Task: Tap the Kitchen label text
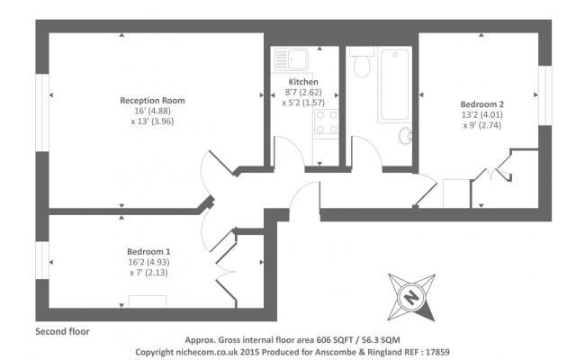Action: tap(303, 82)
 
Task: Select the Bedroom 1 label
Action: tap(148, 250)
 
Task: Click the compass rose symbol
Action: tap(410, 296)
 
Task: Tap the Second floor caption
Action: tap(62, 330)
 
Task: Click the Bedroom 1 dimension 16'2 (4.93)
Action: tap(148, 261)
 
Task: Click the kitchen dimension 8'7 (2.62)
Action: tap(303, 92)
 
